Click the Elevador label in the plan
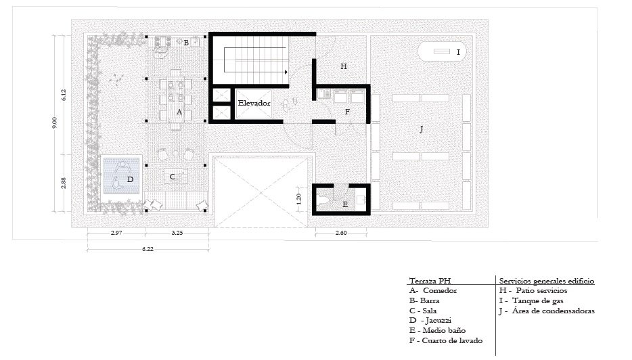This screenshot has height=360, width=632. [254, 104]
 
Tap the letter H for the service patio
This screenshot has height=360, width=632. [344, 66]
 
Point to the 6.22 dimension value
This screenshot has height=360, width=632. [148, 249]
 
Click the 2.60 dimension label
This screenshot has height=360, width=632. [341, 233]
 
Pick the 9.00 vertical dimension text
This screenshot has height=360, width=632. [55, 122]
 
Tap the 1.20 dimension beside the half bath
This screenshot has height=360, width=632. [298, 198]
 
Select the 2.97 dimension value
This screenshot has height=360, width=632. [116, 233]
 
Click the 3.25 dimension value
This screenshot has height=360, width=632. [177, 233]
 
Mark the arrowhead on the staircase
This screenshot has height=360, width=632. [286, 72]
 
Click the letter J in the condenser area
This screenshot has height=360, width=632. [422, 129]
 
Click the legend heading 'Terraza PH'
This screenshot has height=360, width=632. [430, 281]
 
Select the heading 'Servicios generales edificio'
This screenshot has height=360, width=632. [547, 281]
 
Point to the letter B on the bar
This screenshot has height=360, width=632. [186, 43]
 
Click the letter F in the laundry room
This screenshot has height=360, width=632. [347, 112]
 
